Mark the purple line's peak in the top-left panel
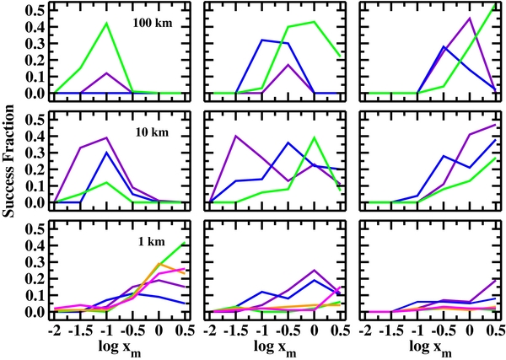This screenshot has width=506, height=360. click(107, 73)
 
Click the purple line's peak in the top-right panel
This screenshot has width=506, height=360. click(470, 18)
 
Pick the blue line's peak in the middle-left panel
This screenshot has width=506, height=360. click(107, 153)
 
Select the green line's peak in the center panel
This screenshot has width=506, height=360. click(315, 137)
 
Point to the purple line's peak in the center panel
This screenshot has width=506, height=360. click(237, 136)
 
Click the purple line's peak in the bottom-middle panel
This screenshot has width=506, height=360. click(315, 271)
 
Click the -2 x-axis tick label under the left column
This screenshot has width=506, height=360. click(54, 328)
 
